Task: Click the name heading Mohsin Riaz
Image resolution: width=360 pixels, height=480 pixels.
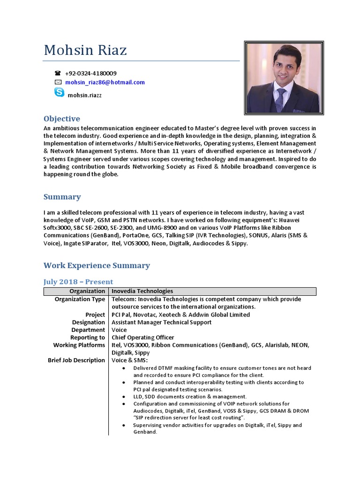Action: (x=85, y=50)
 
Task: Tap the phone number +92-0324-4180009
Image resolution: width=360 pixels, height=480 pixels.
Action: (x=90, y=73)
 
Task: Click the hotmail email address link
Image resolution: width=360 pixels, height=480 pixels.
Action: (x=105, y=82)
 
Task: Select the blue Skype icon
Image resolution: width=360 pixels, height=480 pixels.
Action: (x=59, y=92)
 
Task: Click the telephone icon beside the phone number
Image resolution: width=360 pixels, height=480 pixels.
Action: (x=58, y=73)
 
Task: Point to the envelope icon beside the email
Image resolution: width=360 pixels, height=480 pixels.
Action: (x=58, y=82)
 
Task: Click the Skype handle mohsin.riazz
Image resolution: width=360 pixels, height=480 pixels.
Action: (x=85, y=95)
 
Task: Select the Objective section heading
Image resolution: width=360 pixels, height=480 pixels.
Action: (x=61, y=119)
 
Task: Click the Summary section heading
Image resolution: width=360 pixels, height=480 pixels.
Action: (x=62, y=197)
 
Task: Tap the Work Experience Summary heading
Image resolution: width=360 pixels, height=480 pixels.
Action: (x=97, y=265)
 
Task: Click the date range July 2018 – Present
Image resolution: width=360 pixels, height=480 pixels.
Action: (x=78, y=282)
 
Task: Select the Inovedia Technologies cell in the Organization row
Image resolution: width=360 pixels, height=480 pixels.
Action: (x=142, y=291)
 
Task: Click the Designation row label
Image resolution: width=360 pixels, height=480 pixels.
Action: (x=88, y=322)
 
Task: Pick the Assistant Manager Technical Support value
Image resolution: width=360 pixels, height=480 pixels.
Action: (x=161, y=322)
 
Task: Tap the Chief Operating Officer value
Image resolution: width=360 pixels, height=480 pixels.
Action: (x=142, y=337)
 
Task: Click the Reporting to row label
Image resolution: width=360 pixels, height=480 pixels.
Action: (x=87, y=337)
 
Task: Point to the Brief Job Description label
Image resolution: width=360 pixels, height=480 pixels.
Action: (x=76, y=360)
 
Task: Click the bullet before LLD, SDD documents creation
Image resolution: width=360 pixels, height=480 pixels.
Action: (x=123, y=397)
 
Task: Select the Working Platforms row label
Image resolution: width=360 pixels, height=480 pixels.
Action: (x=79, y=345)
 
